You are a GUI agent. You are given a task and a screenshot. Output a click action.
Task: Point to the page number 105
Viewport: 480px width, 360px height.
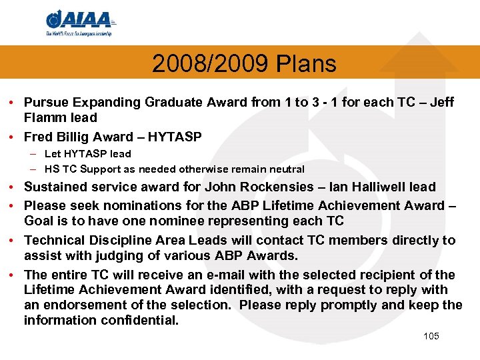pyautogui.click(x=431, y=336)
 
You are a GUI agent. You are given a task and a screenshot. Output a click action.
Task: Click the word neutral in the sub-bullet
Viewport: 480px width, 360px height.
pyautogui.click(x=286, y=169)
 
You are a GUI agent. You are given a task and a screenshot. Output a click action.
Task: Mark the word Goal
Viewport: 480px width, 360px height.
pyautogui.click(x=38, y=221)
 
